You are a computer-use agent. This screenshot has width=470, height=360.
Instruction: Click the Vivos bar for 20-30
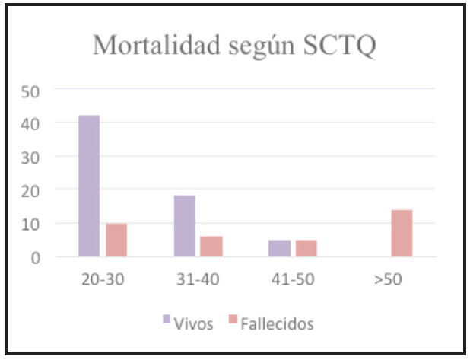tap(88, 186)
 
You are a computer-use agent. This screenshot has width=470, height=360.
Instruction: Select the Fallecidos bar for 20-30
tap(116, 240)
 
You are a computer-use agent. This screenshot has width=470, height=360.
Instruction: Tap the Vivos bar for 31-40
tap(184, 226)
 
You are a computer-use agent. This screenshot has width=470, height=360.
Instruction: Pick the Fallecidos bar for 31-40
tap(211, 247)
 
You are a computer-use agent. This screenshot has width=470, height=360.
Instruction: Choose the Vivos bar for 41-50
tap(279, 248)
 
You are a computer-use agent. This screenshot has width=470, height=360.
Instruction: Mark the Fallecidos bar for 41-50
tap(306, 248)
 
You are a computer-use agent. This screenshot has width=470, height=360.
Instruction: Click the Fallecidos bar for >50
tap(402, 233)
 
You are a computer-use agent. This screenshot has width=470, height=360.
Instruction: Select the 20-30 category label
tap(102, 279)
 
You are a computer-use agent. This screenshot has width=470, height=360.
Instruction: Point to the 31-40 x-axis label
tap(198, 279)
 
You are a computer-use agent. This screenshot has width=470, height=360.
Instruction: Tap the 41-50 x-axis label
tap(293, 279)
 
